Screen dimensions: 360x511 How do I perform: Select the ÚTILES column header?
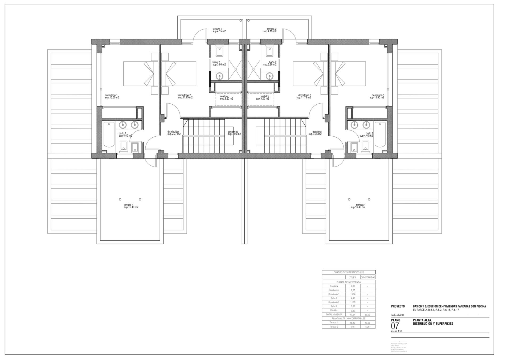click(x=352, y=277)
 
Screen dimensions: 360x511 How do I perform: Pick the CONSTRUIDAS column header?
click(x=367, y=277)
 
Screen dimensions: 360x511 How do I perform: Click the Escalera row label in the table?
click(x=334, y=286)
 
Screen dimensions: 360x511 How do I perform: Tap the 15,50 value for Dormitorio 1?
click(x=353, y=294)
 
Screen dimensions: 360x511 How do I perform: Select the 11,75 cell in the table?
click(x=353, y=302)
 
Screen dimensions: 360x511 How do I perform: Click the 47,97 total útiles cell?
click(x=353, y=315)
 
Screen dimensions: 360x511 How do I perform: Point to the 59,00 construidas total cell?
click(x=367, y=315)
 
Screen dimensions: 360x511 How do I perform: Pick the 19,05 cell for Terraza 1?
click(x=367, y=323)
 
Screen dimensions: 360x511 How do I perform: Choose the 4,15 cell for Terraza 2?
click(x=353, y=327)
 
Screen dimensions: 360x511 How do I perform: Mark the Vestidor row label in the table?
click(x=334, y=310)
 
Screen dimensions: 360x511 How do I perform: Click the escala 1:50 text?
click(x=396, y=332)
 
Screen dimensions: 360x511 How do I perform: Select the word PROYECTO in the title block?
click(x=398, y=306)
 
